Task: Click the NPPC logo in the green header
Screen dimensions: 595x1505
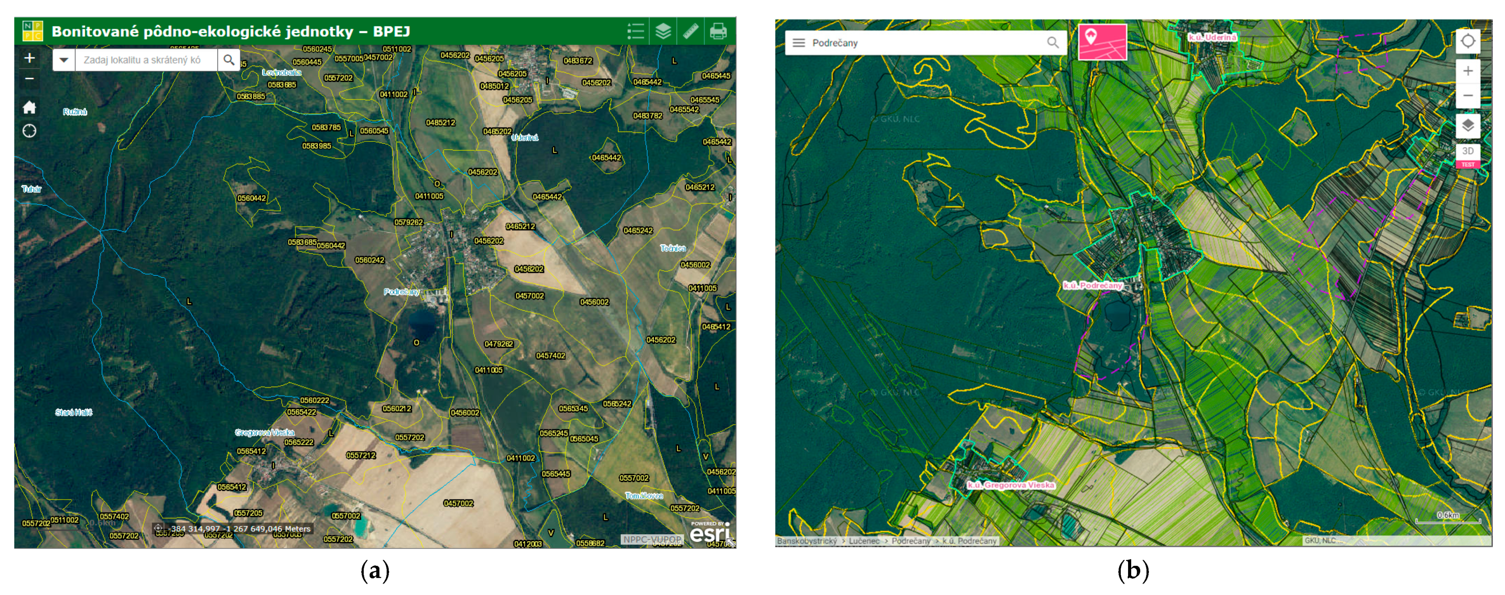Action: tap(32, 31)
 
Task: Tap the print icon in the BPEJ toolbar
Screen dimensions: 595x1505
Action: tap(718, 31)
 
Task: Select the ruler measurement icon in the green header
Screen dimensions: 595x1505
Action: tap(691, 31)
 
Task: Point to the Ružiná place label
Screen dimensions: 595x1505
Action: tap(75, 112)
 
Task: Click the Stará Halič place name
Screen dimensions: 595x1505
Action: tap(73, 412)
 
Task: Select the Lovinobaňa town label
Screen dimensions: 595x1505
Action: tap(282, 73)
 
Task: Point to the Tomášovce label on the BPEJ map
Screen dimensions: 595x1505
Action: tap(644, 496)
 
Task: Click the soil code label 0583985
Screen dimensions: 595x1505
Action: tap(316, 146)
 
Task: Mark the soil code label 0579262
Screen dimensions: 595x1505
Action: tap(408, 222)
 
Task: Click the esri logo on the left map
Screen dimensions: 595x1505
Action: tap(709, 532)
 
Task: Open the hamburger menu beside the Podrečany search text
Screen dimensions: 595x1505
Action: tap(799, 43)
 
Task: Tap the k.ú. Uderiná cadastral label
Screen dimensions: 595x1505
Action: tap(1212, 37)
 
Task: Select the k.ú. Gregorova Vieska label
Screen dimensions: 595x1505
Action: tap(1011, 485)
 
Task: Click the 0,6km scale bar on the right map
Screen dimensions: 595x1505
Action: tap(1448, 517)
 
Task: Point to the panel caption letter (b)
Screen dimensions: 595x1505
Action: tap(1133, 571)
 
